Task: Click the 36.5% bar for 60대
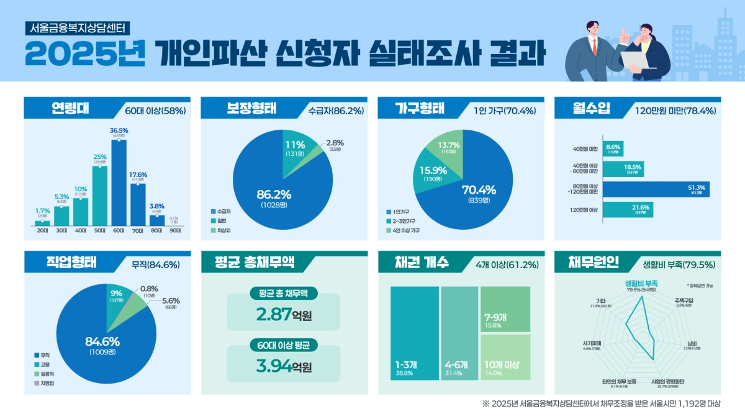[119, 183]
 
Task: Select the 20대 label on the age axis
[42, 230]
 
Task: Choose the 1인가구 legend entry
[400, 212]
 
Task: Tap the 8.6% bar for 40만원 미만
[613, 148]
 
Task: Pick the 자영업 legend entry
[45, 384]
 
